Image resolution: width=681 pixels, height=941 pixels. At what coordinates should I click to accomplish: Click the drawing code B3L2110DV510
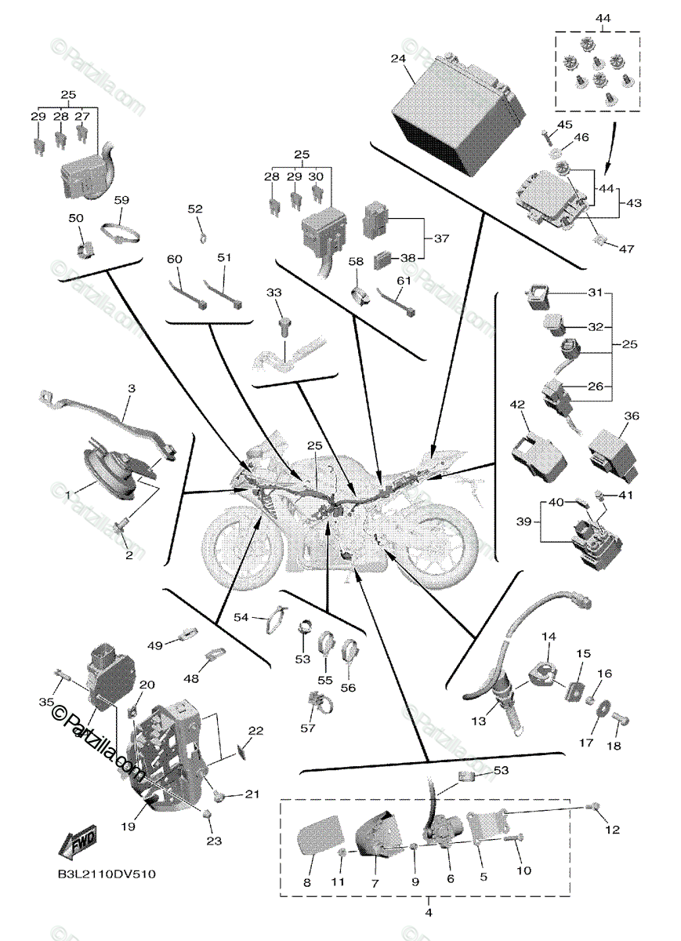point(105,874)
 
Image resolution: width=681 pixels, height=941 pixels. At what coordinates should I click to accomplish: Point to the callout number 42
point(516,405)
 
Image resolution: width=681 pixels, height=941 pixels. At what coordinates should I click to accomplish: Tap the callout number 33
point(273,292)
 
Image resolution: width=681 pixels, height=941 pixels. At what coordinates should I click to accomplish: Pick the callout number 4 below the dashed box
point(428,912)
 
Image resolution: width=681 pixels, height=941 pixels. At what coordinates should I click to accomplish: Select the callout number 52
point(194,209)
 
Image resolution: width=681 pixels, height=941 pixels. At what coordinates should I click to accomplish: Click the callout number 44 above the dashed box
point(602,17)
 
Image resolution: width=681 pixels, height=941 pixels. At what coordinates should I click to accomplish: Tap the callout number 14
point(547,637)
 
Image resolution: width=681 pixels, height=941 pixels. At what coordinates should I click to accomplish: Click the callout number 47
point(626,249)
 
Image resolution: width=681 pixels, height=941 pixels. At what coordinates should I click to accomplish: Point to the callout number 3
point(131,388)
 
